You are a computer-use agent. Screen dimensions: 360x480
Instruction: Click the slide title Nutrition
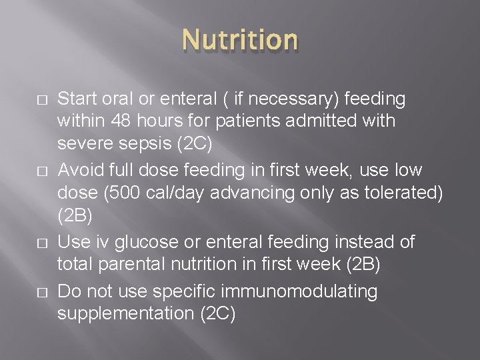tap(240, 40)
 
